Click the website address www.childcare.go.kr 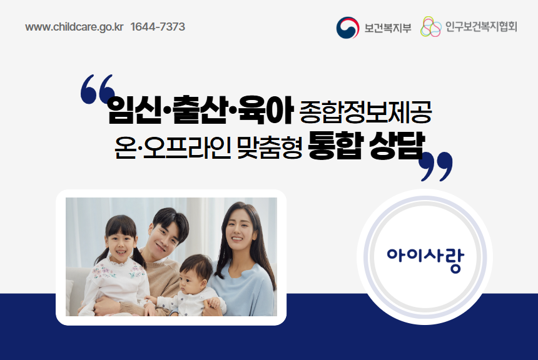[x=74, y=27]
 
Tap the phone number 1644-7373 [x=158, y=27]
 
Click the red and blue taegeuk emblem [x=347, y=27]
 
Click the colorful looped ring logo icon [x=431, y=27]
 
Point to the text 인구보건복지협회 [x=482, y=27]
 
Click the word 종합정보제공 [x=365, y=112]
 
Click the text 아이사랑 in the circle [x=425, y=256]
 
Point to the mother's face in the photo [x=237, y=227]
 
